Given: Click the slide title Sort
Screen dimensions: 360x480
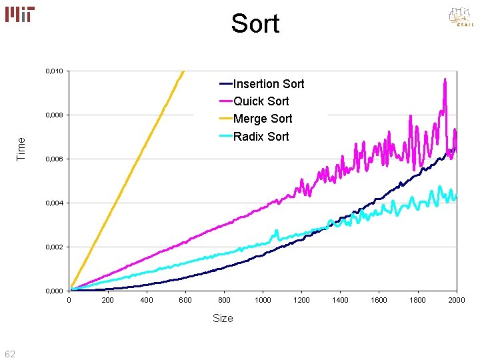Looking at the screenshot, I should (x=255, y=24).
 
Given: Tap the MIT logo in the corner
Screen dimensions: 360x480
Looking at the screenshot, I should (x=21, y=15).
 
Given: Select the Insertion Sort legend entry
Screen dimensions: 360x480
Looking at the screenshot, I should (x=268, y=84).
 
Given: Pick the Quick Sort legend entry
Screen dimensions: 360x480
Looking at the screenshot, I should (x=261, y=101).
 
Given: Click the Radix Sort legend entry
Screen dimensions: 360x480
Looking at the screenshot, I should (x=261, y=137).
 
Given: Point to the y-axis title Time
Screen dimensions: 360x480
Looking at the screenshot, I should (x=21, y=148).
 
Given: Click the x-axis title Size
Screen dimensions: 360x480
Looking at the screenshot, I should (x=223, y=319).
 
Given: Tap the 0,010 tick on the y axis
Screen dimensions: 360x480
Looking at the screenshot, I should (x=55, y=71).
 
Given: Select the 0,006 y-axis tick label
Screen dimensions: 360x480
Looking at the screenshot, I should (x=55, y=159).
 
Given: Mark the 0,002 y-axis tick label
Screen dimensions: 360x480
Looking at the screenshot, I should (x=55, y=247).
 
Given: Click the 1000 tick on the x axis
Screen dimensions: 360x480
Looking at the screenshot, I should (x=263, y=300).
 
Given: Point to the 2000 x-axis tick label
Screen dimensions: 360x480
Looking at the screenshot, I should (x=457, y=300).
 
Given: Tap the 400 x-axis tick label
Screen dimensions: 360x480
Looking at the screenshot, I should (x=147, y=300).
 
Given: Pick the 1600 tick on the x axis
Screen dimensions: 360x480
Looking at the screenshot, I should (x=379, y=300).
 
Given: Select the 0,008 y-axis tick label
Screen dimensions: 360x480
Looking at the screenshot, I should (x=55, y=115).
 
